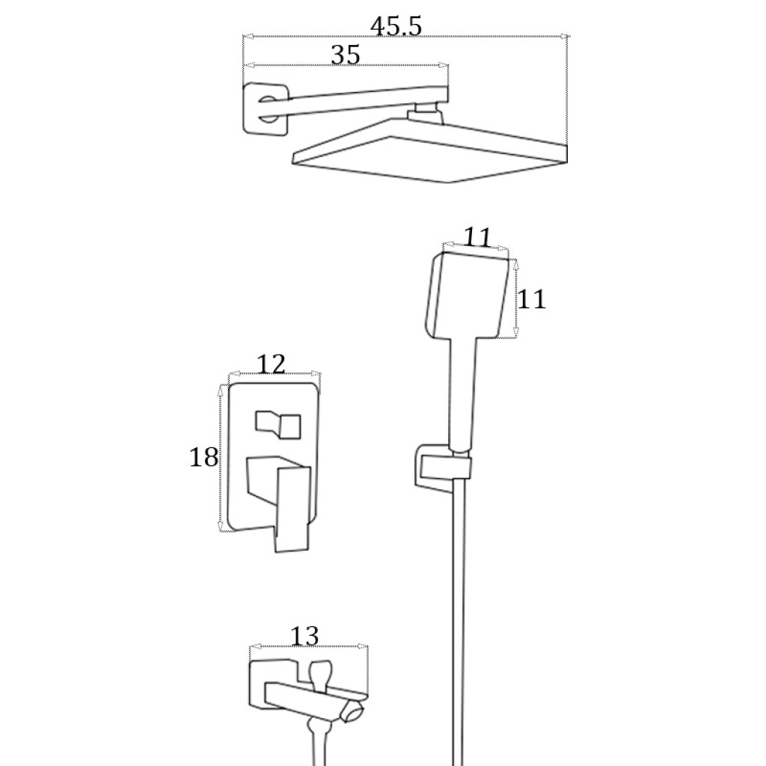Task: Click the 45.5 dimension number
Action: (396, 26)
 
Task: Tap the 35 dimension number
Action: (346, 55)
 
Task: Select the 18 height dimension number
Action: (203, 458)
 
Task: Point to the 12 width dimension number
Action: (271, 364)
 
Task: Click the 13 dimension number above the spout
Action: (304, 637)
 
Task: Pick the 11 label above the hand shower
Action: (477, 238)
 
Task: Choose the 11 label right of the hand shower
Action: (532, 299)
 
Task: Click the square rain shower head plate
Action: (430, 151)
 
